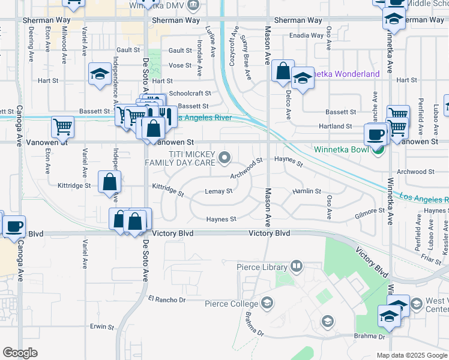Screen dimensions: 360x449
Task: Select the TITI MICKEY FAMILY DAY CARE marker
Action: [x=225, y=158]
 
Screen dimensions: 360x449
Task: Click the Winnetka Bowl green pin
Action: [x=377, y=151]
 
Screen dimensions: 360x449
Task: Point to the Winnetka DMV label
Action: [x=157, y=5]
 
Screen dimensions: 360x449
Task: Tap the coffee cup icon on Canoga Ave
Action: [x=14, y=227]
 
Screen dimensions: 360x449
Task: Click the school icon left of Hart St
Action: [x=98, y=74]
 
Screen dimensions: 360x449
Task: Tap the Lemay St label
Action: [x=218, y=191]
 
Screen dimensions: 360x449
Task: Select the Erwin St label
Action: [x=101, y=327]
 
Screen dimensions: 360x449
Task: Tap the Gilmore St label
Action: [x=369, y=211]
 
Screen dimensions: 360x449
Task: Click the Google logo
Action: [x=20, y=353]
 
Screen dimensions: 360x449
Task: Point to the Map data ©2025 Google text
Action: [x=411, y=355]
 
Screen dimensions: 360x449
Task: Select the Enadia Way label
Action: [x=307, y=36]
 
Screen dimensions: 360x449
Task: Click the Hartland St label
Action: [x=336, y=127]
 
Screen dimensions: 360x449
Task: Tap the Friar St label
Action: [x=431, y=256]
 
